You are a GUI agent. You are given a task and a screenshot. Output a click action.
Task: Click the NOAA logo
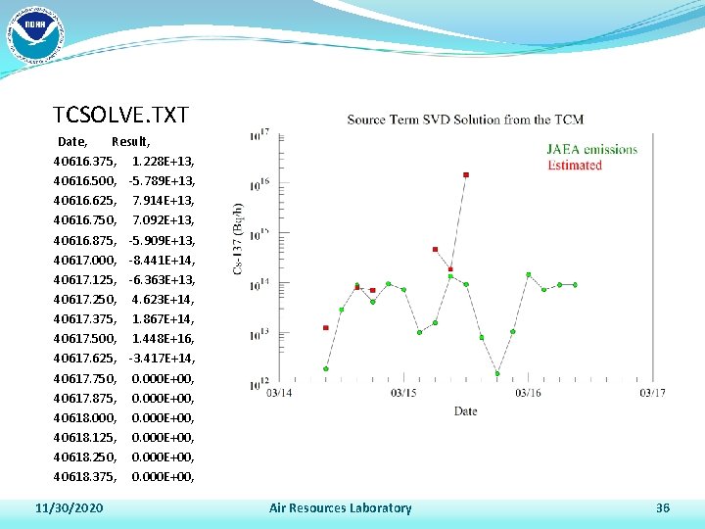[x=34, y=33]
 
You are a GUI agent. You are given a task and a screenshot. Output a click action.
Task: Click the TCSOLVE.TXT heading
[x=120, y=115]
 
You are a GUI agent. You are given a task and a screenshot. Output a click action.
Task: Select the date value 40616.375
[x=86, y=161]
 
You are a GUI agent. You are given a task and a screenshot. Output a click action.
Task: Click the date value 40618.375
[x=86, y=476]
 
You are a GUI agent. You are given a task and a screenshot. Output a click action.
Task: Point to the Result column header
[x=131, y=142]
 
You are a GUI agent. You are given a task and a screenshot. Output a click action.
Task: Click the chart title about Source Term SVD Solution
[x=465, y=120]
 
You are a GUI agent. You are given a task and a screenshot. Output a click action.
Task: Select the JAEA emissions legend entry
[x=591, y=150]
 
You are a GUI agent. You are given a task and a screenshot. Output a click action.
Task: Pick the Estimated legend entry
[x=575, y=165]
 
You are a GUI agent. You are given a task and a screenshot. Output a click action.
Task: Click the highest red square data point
[x=466, y=175]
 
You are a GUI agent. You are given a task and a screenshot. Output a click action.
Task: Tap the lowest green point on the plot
[x=497, y=373]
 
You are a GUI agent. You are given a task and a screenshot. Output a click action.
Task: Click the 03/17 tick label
[x=653, y=393]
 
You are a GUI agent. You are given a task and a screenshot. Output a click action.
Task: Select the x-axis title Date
[x=465, y=411]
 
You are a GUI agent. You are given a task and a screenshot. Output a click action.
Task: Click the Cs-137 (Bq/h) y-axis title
[x=238, y=239]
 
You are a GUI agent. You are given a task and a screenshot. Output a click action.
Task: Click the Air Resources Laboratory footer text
[x=340, y=507]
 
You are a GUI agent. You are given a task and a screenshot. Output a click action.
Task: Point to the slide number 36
[x=662, y=507]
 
